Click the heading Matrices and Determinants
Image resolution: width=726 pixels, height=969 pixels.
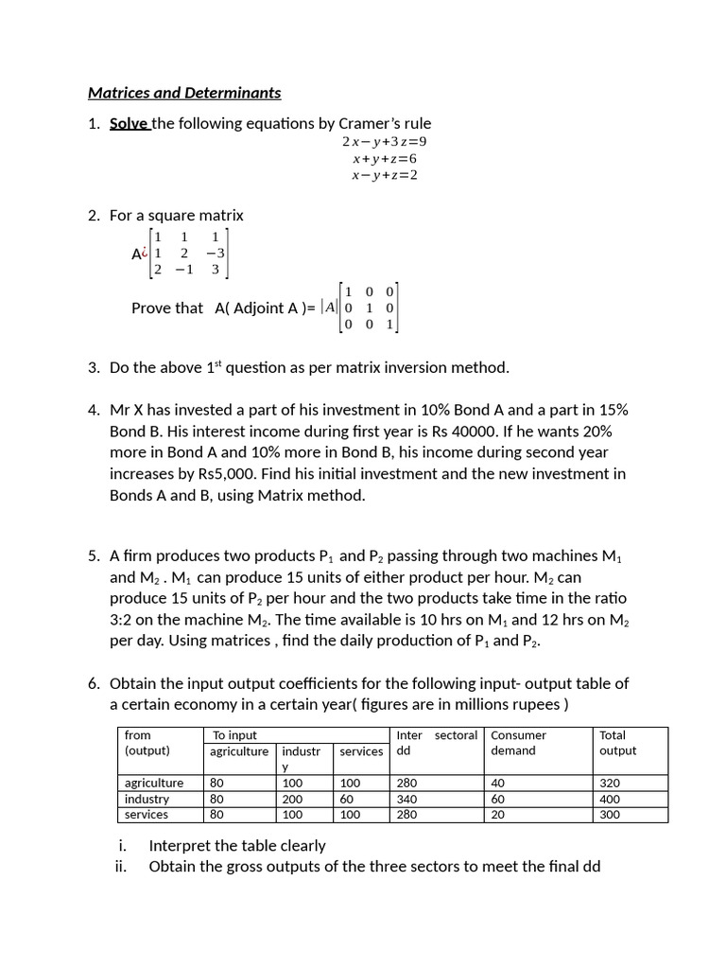[184, 93]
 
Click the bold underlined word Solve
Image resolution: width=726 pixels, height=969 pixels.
[130, 123]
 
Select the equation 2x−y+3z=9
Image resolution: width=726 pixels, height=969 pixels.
[378, 142]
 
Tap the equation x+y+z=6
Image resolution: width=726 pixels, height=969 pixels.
[385, 159]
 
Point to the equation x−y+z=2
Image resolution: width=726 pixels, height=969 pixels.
[385, 175]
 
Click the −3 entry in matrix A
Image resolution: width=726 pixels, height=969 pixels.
[216, 253]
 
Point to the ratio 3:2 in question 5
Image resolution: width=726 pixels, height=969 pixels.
[126, 619]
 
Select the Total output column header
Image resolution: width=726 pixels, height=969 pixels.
[617, 743]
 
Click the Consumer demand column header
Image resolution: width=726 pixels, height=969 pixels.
[518, 743]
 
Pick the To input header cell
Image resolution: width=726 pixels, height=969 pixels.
[234, 735]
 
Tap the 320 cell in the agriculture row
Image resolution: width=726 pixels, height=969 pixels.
[610, 784]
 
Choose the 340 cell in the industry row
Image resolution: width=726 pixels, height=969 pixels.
[407, 799]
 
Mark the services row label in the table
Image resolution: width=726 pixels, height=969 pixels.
[147, 815]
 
